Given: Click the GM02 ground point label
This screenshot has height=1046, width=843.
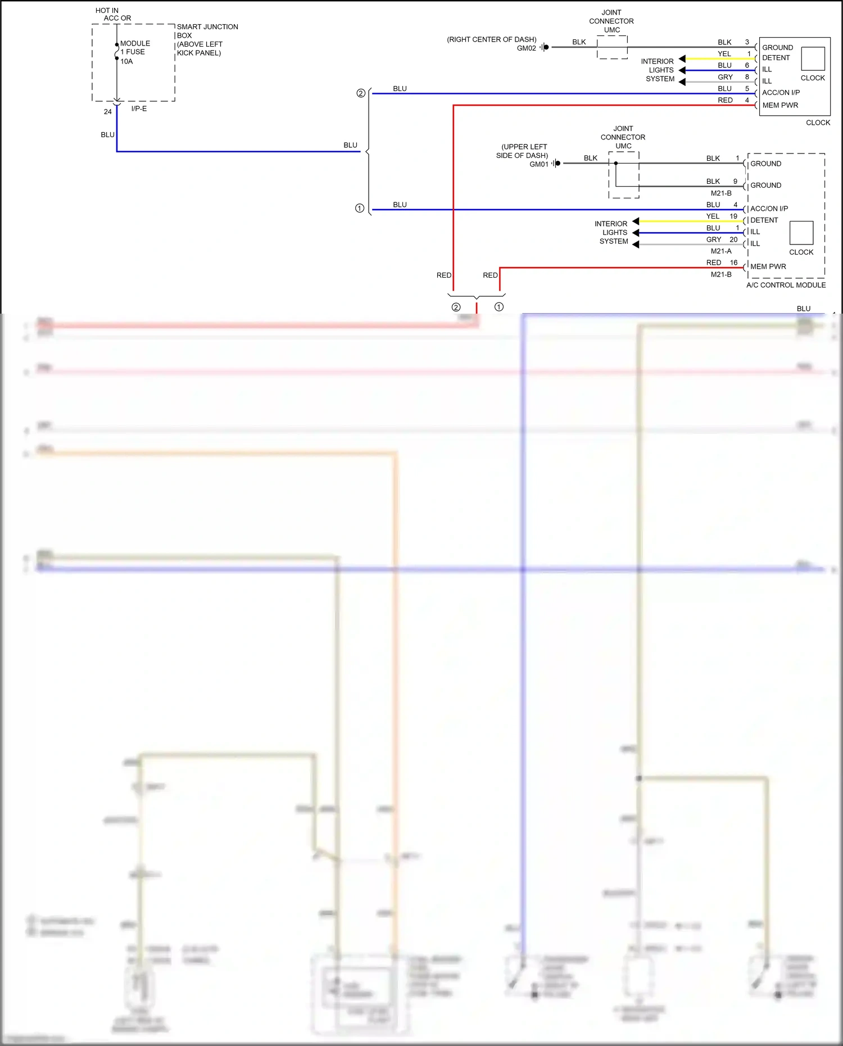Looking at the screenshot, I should [x=526, y=48].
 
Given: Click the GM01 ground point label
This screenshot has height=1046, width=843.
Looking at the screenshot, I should [x=538, y=164].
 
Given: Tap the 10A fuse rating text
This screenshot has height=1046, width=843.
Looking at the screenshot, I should [x=126, y=61].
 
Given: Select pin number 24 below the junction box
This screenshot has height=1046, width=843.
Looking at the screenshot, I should [x=107, y=112].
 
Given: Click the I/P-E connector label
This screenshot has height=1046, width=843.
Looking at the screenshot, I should [x=139, y=108].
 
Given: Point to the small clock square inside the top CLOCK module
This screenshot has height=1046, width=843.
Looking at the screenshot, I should [x=813, y=58].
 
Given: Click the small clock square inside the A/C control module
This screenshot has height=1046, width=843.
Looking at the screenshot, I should [x=801, y=233].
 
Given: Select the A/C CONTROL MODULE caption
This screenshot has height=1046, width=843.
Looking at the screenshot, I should [x=786, y=285].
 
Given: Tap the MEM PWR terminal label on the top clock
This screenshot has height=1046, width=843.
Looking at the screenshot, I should [x=780, y=105].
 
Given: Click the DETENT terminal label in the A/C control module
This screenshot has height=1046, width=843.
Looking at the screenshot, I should [x=764, y=220].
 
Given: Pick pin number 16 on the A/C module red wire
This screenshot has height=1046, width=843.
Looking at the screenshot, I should [x=733, y=262].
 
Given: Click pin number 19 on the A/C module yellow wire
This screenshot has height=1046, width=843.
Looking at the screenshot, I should [x=733, y=216].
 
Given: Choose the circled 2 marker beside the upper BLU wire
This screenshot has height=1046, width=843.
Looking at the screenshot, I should [x=361, y=93].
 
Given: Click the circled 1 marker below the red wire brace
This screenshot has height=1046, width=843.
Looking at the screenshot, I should [x=498, y=307].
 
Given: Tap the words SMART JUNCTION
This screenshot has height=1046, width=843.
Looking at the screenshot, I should [x=207, y=26].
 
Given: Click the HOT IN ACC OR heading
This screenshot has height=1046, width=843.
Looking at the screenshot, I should [x=112, y=14].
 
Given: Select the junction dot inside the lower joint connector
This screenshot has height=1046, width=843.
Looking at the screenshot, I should [x=616, y=164].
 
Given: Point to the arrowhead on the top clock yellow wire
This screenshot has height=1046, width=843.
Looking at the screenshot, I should [x=682, y=58].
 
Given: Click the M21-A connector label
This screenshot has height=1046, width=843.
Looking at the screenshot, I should [x=721, y=251].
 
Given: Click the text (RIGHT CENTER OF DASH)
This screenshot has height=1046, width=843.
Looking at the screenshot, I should [x=491, y=39].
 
